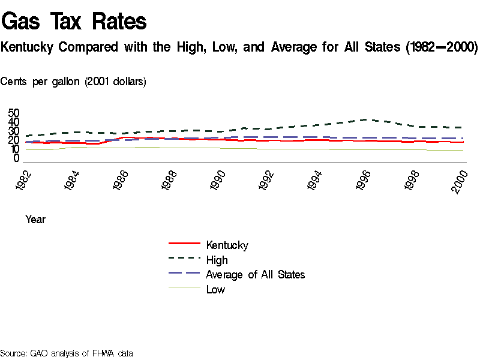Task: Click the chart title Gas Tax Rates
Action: click(x=74, y=22)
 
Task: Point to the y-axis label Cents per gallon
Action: click(x=73, y=82)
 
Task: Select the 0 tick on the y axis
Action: click(x=17, y=158)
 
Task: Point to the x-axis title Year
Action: click(x=35, y=220)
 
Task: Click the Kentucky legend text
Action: click(x=227, y=245)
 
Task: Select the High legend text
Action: click(x=217, y=260)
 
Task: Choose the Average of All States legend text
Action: click(x=255, y=275)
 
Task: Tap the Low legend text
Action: click(x=215, y=290)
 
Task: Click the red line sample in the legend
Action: click(x=184, y=244)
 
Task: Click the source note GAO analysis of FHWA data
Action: click(x=67, y=353)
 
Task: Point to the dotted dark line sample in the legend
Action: click(x=184, y=259)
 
